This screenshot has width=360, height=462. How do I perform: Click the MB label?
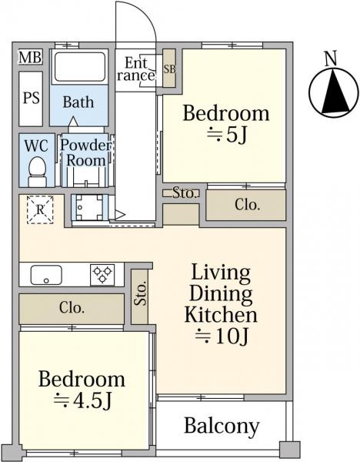30,57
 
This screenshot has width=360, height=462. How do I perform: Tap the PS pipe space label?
32,98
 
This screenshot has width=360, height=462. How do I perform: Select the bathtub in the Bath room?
80,67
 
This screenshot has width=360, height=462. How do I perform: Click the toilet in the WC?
37,172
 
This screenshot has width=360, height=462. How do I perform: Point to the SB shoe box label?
169,69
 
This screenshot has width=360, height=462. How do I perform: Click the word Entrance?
136,69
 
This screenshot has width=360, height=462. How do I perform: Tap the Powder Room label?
86,152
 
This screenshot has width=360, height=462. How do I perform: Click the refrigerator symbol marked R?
40,209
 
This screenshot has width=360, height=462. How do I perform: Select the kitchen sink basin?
46,275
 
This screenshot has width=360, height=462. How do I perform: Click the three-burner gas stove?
102,275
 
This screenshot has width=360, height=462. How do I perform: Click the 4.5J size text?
83,400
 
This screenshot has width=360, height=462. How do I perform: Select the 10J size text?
222,336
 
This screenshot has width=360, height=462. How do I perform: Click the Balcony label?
222,426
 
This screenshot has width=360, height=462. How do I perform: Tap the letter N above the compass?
331,59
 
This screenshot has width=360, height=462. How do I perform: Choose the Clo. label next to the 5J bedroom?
247,205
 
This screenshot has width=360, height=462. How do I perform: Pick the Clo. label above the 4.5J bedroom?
72,308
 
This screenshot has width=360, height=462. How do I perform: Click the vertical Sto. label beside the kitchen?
141,293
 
